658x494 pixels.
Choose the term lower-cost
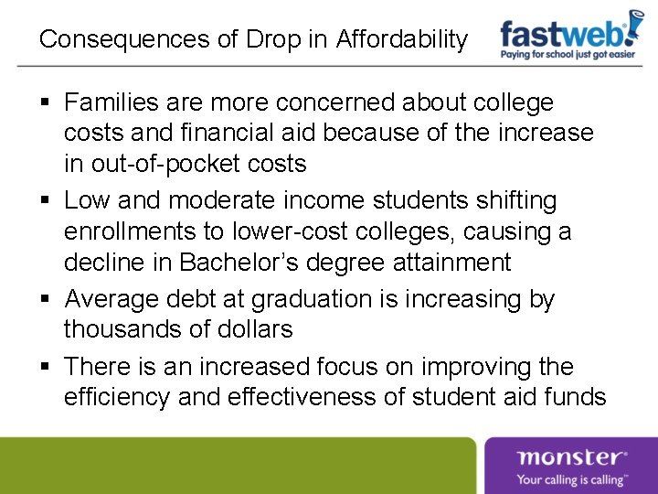click(x=293, y=232)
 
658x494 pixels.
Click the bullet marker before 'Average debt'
click(x=46, y=299)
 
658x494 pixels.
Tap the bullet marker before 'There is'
click(x=46, y=367)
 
